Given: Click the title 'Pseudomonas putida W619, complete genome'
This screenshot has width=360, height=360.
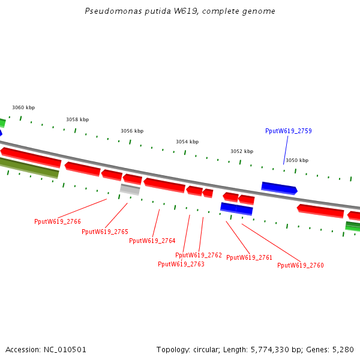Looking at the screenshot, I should (180, 11).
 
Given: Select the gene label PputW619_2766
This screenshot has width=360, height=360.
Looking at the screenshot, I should (58, 221).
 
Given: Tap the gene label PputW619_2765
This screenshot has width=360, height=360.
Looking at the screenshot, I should (105, 232).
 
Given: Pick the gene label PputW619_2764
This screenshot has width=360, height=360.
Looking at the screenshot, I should (152, 241).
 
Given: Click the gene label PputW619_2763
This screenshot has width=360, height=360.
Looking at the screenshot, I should (181, 264).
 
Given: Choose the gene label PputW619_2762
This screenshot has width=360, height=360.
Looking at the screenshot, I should (199, 255).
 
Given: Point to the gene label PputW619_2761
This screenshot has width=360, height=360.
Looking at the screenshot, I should (250, 257).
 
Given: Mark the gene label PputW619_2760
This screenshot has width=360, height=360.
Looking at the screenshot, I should (301, 265).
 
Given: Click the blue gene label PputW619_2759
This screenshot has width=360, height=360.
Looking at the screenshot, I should (289, 131).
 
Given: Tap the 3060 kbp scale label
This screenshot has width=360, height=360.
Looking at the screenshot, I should (23, 108).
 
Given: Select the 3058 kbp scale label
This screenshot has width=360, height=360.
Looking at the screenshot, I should (77, 119).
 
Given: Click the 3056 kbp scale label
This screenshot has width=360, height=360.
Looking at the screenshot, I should (132, 131).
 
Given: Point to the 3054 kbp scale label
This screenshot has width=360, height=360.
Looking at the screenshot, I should (187, 142).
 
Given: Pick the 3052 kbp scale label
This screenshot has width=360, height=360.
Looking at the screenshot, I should (242, 151).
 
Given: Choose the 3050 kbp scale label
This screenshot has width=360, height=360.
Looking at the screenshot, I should (297, 160).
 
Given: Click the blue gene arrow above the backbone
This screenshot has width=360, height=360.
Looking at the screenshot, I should (279, 188).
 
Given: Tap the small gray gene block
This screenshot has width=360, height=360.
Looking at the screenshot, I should (130, 190).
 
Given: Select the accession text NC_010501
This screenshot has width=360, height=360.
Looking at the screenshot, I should (46, 349).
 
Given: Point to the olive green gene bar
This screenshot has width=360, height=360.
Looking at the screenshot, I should (29, 167).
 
